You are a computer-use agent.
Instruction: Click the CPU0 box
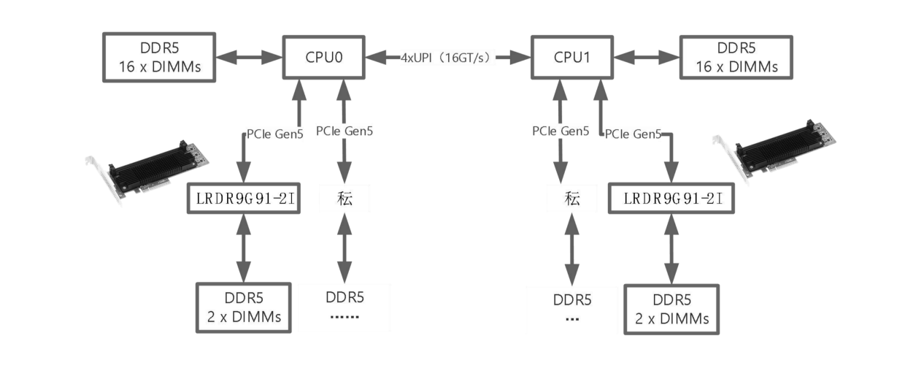tap(323, 56)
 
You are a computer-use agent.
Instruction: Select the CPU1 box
tap(571, 56)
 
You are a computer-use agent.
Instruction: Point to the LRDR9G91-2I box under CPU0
tap(243, 198)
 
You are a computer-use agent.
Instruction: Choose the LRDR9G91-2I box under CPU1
tap(669, 198)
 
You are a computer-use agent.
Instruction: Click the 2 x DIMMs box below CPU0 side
tap(243, 307)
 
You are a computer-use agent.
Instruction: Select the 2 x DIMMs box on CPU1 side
tap(670, 310)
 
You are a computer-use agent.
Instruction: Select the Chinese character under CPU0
tap(345, 198)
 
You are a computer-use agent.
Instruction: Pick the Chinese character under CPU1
tap(572, 198)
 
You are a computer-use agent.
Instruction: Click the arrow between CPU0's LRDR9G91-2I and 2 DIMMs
tap(243, 248)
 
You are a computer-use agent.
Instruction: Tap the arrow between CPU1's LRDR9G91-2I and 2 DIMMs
tap(669, 248)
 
